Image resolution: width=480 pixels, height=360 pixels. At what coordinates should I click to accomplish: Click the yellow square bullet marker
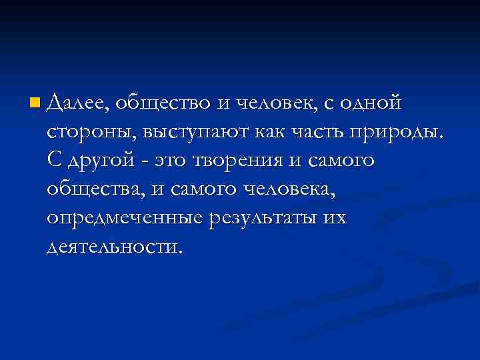(35, 103)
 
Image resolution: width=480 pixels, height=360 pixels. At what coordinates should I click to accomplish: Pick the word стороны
(90, 133)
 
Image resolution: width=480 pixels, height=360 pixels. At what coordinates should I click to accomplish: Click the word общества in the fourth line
(95, 190)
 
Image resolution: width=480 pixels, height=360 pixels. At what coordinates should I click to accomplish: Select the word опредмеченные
(125, 219)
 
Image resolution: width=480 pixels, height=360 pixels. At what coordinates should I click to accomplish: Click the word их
(335, 219)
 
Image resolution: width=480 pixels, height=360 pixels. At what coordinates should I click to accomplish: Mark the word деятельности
(113, 248)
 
